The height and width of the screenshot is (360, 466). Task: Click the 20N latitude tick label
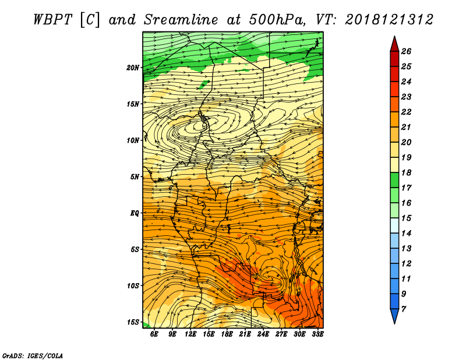pos(133,68)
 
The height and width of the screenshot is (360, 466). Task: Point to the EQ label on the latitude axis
pos(135,213)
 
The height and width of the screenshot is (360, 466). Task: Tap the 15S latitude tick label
pos(133,322)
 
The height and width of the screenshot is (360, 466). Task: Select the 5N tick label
pos(135,177)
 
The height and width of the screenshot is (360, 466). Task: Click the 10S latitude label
pos(133,286)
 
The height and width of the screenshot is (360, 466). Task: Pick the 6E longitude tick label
pos(154,334)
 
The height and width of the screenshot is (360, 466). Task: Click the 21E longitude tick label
pos(245,334)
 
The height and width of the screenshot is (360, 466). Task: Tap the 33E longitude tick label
pos(317,334)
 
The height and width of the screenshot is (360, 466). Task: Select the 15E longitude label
pos(209,334)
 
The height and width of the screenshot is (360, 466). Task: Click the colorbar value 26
pos(406,51)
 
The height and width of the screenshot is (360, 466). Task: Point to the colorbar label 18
pos(406,172)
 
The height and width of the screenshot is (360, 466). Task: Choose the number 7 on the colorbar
pos(403,309)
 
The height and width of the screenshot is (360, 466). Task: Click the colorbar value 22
pos(406,112)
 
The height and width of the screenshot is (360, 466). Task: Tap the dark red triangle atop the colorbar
pos(394,45)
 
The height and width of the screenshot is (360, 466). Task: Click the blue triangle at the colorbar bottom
pos(394,316)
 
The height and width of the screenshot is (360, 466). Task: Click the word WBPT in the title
pos(52,20)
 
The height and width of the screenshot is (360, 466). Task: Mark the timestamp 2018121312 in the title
pos(389,20)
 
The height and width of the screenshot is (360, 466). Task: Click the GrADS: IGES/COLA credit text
pos(33,355)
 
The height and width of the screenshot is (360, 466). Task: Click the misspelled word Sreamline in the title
pos(181,20)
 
